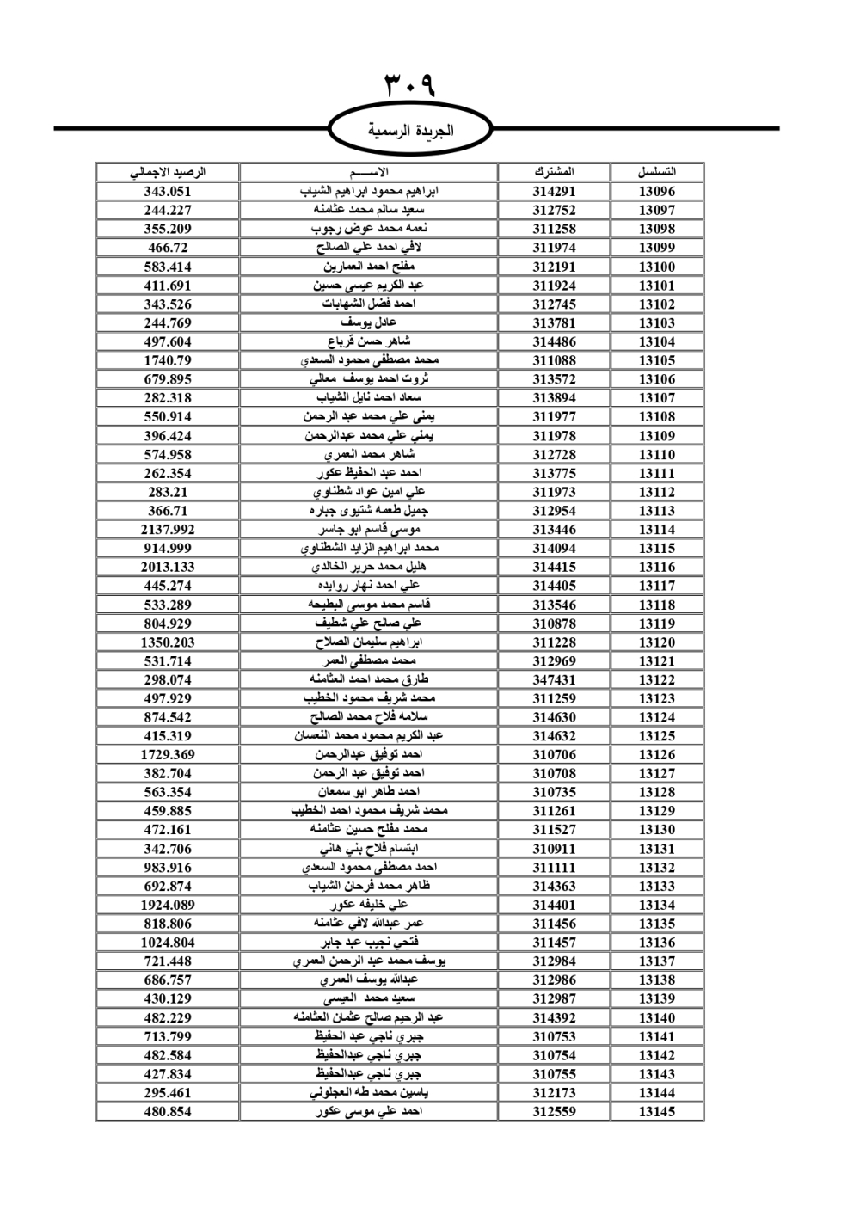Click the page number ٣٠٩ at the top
(410, 85)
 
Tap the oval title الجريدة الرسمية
(410, 131)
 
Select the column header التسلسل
(657, 172)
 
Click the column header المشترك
(554, 172)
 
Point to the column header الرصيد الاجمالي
(168, 172)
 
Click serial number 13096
(657, 192)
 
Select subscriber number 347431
(554, 679)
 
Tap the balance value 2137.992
(168, 530)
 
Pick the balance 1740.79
(168, 360)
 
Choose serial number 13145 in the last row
(657, 1111)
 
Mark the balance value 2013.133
(168, 567)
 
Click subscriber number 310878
(554, 623)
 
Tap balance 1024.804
(168, 943)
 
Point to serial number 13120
(657, 642)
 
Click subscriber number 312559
(554, 1111)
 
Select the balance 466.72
(168, 248)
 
